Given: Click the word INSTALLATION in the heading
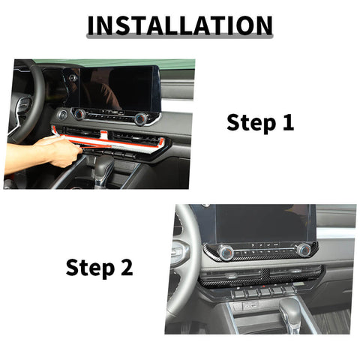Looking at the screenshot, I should (180, 25).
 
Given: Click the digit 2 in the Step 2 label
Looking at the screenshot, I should (127, 266).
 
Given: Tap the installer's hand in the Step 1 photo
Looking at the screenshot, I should (56, 150).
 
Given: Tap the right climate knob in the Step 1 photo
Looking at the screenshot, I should (140, 118).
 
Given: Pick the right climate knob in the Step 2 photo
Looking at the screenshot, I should (303, 250).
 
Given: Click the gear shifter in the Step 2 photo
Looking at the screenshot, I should (289, 310).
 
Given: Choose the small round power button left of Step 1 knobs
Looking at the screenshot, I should (62, 115).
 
